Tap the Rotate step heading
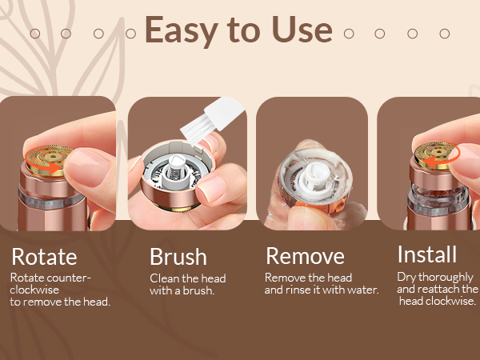(x=44, y=257)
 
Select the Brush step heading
(x=178, y=257)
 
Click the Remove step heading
(x=305, y=257)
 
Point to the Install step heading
(x=427, y=255)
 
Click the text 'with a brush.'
(x=182, y=290)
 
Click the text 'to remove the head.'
(x=60, y=302)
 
